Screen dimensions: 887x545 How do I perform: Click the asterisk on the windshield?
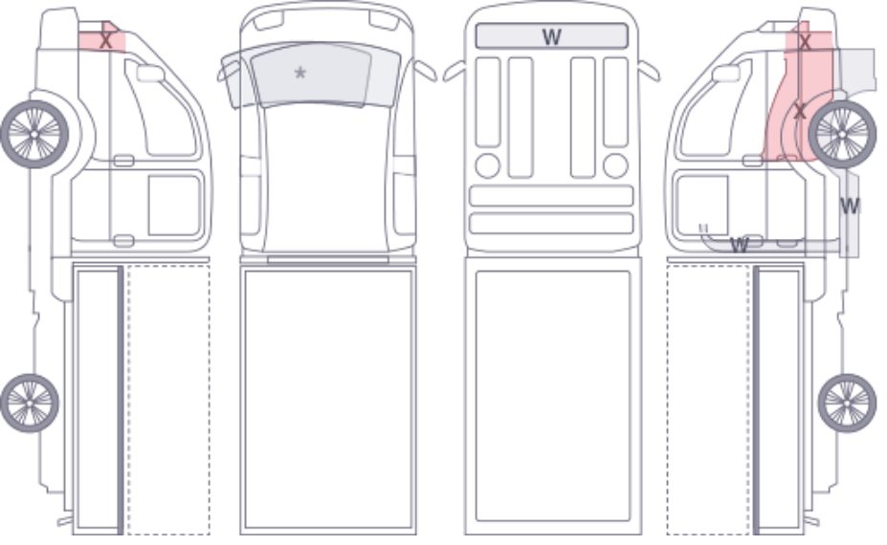(300, 73)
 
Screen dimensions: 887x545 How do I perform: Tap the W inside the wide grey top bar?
(551, 37)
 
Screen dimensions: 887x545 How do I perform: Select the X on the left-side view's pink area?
(106, 41)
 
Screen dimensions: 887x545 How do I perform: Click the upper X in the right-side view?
(805, 42)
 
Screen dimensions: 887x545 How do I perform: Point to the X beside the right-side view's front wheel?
(799, 111)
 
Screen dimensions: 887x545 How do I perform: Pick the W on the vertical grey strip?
(850, 207)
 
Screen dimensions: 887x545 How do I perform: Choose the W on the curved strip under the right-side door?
(740, 246)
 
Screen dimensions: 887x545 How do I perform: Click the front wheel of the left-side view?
(34, 134)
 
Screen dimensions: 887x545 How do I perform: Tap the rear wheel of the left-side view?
(30, 403)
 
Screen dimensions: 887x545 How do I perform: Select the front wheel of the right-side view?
(842, 134)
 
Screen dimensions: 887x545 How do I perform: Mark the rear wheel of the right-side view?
(847, 403)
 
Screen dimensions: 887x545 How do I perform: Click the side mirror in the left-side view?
(150, 73)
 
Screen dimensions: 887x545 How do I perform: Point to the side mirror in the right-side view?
(726, 73)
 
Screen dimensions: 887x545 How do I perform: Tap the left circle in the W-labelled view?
(488, 165)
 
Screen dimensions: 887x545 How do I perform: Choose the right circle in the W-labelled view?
(615, 165)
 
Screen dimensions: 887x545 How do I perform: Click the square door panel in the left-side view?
(174, 206)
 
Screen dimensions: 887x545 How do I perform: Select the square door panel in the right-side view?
(702, 206)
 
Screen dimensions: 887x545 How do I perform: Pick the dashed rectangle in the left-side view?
(168, 399)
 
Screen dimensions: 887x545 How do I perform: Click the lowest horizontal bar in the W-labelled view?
(551, 224)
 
